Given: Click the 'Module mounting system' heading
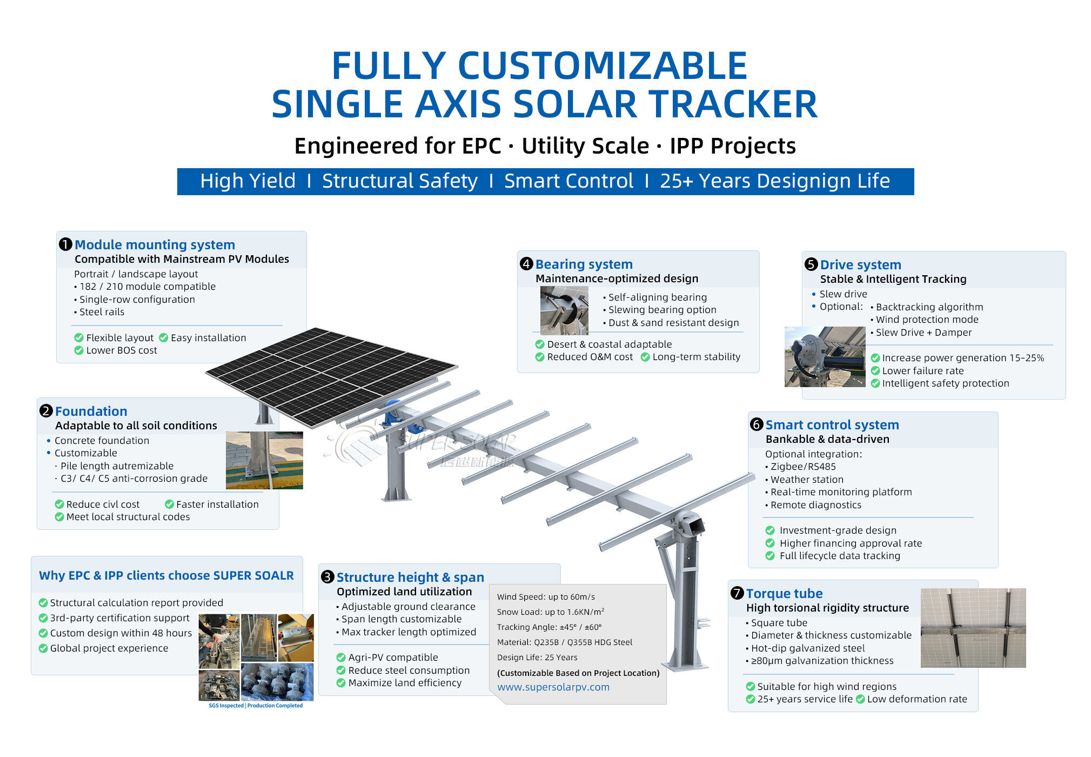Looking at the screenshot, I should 155,245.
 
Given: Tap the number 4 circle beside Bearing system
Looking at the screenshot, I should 526,264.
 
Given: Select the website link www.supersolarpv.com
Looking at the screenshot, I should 553,687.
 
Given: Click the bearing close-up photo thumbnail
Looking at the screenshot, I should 564,310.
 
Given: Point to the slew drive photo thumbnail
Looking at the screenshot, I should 824,357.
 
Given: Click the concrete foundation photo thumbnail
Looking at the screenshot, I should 264,460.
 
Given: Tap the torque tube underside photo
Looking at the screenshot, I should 973,628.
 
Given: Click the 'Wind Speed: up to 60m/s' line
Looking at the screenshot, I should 546,597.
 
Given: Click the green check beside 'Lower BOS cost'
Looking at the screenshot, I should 79,350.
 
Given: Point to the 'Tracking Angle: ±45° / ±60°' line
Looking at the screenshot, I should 549,627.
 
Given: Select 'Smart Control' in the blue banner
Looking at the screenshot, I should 568,181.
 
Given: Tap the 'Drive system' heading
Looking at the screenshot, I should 860,265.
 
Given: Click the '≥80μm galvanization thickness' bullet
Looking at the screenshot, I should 822,661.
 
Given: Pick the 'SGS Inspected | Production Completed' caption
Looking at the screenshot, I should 256,706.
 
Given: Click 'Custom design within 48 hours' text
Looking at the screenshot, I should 121,633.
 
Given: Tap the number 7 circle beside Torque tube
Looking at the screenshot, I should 737,593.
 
